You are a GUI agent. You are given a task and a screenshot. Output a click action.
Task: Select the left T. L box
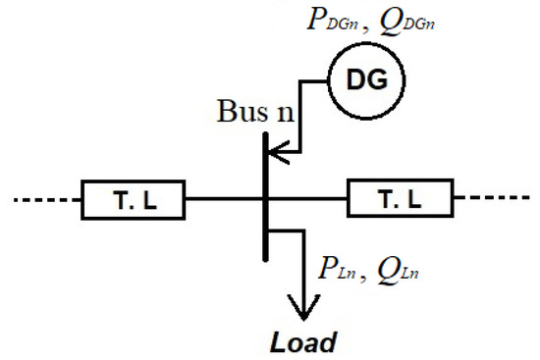(x=132, y=200)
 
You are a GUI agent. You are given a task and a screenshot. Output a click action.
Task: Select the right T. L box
(x=401, y=200)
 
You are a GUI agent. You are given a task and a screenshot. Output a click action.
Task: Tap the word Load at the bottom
(x=303, y=342)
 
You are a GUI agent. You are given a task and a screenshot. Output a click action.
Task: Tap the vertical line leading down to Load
(x=303, y=265)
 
